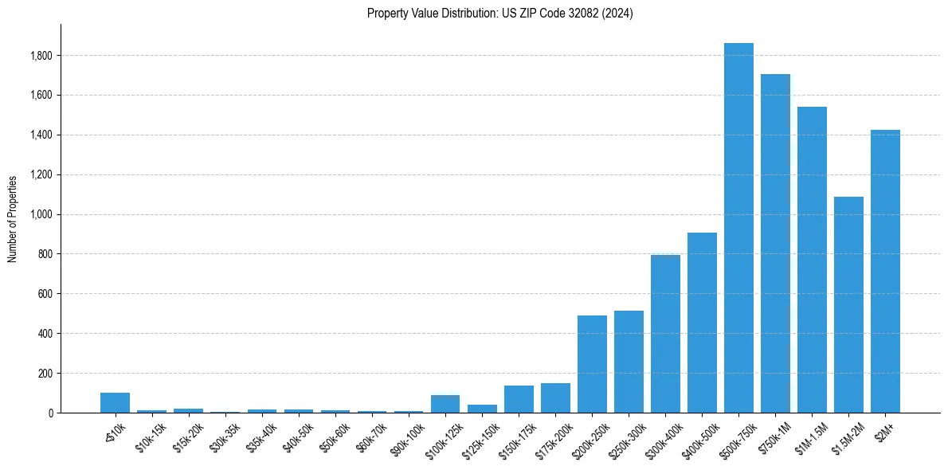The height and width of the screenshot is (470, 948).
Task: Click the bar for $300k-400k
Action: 665,334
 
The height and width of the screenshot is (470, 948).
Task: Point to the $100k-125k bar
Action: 445,404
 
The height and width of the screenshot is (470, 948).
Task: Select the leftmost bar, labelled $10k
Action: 115,403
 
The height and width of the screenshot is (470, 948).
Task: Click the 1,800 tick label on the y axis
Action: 41,56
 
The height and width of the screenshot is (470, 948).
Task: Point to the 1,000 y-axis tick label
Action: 41,214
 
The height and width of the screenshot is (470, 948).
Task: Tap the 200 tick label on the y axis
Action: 45,374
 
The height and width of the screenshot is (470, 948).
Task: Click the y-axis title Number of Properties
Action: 13,218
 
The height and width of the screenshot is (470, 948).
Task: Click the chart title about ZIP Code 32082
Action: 499,13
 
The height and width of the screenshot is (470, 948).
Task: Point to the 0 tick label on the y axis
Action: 51,413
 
